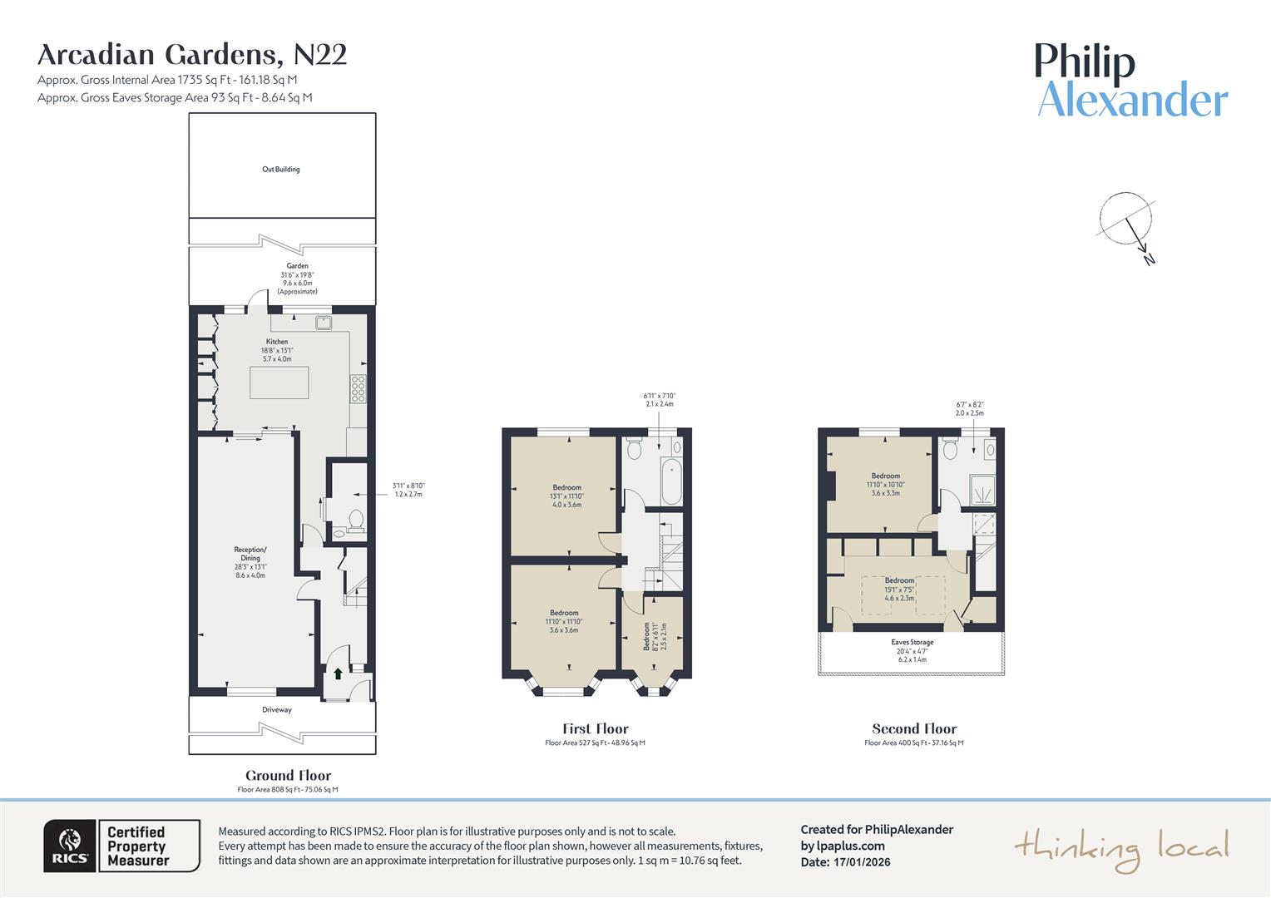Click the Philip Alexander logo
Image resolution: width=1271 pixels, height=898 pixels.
[1131, 81]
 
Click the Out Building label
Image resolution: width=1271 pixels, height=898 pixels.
[281, 170]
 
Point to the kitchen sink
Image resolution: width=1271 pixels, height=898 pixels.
[323, 322]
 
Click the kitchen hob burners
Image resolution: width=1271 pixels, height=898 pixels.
[359, 389]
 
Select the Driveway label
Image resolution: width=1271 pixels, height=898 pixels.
[277, 710]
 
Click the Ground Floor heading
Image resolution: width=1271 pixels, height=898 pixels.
[288, 776]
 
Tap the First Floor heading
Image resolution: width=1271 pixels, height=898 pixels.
[595, 729]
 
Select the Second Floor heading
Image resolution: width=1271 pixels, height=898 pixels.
[914, 729]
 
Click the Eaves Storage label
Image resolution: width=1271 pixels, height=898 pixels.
[912, 643]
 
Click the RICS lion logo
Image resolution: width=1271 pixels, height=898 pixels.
[71, 846]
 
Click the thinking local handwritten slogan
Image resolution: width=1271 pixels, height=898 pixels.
[1120, 849]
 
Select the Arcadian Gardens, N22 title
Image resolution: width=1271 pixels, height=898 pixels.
[192, 55]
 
